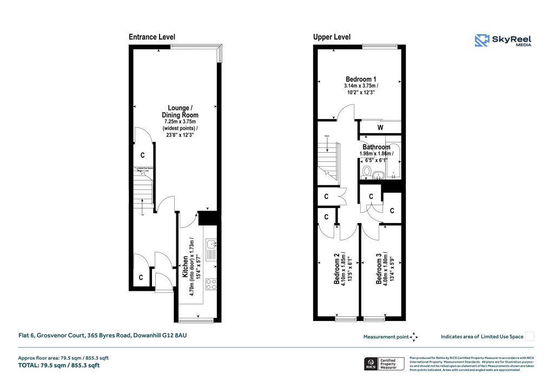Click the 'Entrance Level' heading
point(151,37)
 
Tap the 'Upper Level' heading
point(332,37)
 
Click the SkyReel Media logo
point(503,41)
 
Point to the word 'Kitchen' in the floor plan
point(185,266)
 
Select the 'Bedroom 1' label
point(361,79)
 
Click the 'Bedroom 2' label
point(337,269)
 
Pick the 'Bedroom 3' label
point(379,269)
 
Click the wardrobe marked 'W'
point(380,128)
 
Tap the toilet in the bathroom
point(366,173)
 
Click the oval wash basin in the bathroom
point(378,174)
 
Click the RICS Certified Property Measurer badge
point(382,363)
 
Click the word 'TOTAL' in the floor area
point(30,365)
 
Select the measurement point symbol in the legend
point(414,337)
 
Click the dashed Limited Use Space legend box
point(530,336)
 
